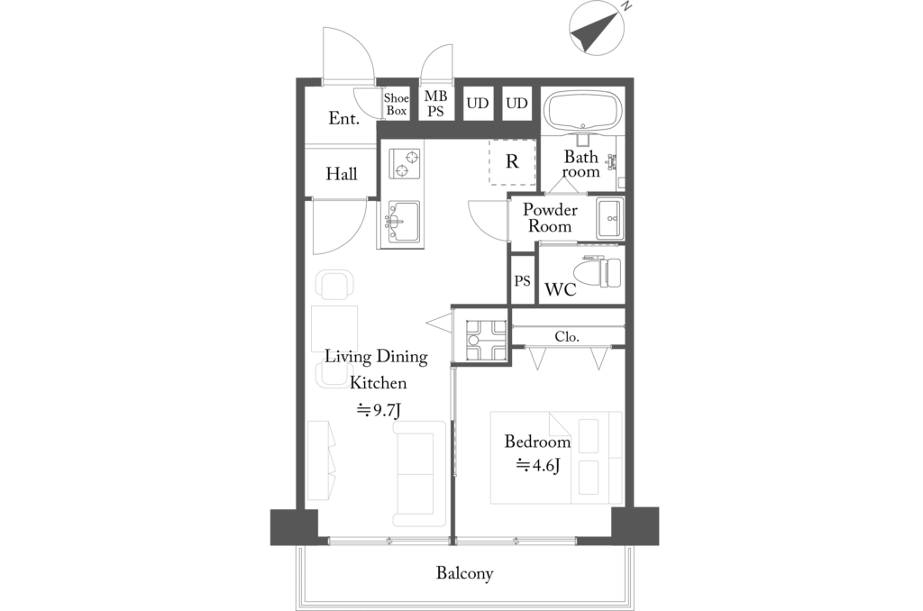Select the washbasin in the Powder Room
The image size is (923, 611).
(610, 219)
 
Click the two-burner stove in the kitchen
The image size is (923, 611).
(405, 164)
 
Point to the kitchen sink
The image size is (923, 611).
(404, 222)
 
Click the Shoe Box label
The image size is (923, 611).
(397, 105)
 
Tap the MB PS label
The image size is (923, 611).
(435, 103)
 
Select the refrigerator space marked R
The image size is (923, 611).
(512, 162)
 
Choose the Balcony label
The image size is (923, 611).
(464, 573)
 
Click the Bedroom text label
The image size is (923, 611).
(537, 441)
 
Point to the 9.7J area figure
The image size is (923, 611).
(379, 410)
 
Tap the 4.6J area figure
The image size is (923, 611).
(538, 466)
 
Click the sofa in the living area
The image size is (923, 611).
(419, 473)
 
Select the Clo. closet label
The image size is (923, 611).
(567, 337)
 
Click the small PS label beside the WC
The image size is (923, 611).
(522, 281)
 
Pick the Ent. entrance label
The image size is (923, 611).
(343, 118)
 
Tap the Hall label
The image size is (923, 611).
(342, 174)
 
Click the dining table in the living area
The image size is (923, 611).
(334, 329)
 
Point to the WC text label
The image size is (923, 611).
(561, 289)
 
